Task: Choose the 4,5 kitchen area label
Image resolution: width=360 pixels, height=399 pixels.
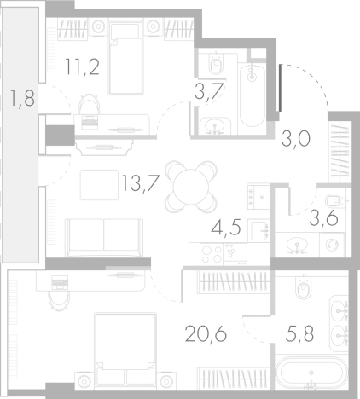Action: (226, 228)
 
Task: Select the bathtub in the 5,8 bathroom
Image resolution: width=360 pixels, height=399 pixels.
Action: (311, 373)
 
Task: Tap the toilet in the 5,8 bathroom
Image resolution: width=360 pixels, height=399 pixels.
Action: (304, 291)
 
